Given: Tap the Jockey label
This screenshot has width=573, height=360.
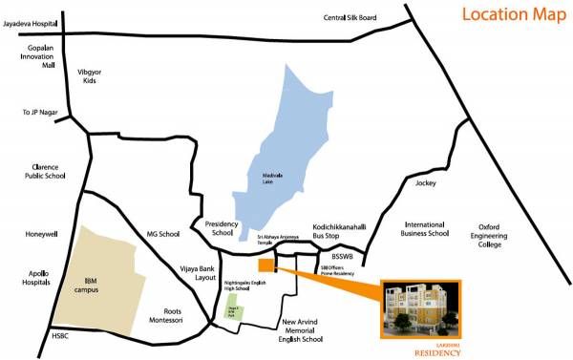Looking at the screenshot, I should click(x=424, y=182).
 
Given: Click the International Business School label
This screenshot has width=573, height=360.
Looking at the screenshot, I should click(x=425, y=229).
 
